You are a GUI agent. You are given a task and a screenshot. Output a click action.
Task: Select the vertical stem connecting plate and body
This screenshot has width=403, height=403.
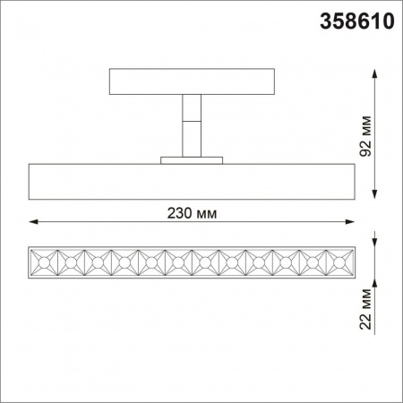(x=190, y=125)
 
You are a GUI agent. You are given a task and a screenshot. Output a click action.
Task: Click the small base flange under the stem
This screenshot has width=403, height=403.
(x=190, y=160)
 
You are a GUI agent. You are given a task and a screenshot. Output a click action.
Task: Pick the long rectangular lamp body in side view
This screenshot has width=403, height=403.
(x=192, y=182)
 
